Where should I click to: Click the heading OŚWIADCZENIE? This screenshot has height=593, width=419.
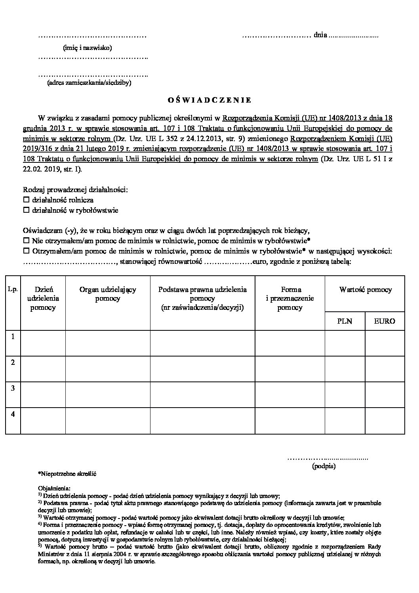pos(209,100)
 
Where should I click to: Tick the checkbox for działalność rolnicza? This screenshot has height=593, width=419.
pos(27,200)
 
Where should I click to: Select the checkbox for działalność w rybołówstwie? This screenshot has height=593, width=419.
pos(27,210)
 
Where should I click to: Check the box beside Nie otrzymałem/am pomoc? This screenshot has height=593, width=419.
pos(27,240)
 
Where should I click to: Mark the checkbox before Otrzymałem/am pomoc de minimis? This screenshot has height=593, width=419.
pos(27,251)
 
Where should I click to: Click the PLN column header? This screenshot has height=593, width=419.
pos(345,321)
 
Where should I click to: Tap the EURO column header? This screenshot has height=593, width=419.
pos(385,321)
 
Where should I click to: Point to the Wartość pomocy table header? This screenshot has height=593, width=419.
pos(365,290)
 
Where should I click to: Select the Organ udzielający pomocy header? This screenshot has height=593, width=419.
pos(108,294)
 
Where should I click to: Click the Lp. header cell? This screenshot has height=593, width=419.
pos(13,290)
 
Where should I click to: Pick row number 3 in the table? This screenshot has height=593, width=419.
pos(13,388)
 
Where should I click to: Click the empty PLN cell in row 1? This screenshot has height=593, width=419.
pos(345,343)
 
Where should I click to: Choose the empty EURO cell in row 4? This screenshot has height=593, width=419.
pos(385,421)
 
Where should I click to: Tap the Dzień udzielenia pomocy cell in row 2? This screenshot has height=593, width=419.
pos(43,369)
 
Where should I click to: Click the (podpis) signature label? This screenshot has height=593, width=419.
pos(324,466)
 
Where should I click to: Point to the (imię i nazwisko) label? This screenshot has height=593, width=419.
pos(88,48)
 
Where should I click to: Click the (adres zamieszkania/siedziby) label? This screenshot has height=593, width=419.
pos(89,83)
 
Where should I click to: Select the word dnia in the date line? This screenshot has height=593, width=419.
pos(320,35)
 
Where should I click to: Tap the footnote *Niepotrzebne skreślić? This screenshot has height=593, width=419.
pos(67,474)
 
